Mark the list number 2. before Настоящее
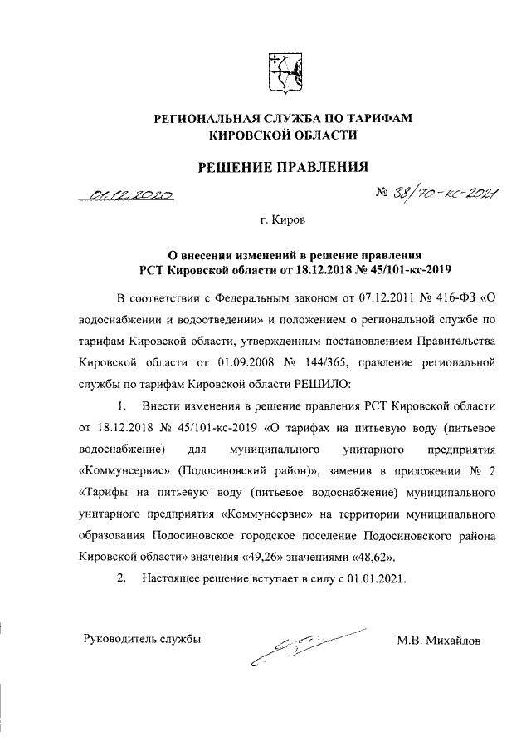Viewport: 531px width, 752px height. pyautogui.click(x=122, y=578)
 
